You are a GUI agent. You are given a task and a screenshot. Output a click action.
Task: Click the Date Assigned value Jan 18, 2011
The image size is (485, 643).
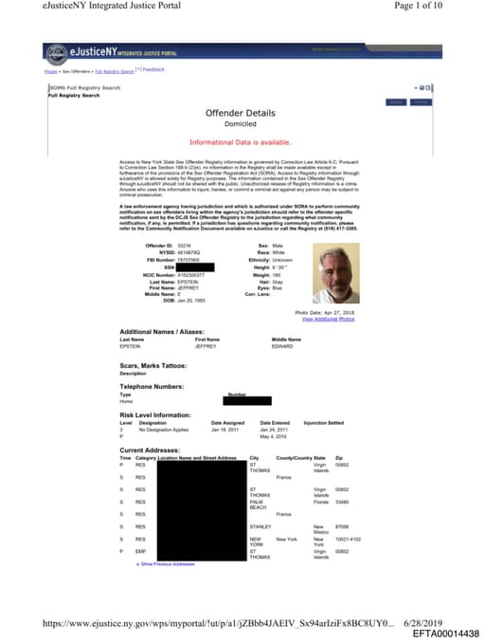pos(227,429)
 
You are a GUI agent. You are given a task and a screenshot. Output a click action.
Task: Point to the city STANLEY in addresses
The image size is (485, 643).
pos(260,526)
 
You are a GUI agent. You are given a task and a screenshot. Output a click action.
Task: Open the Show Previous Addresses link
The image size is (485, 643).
pos(167,563)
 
